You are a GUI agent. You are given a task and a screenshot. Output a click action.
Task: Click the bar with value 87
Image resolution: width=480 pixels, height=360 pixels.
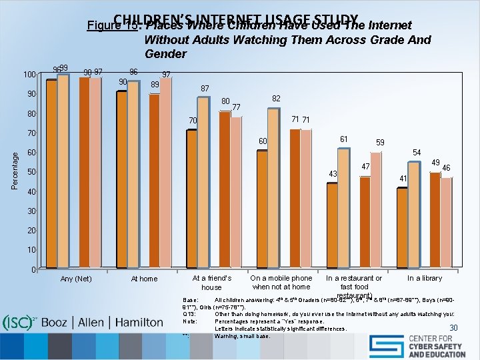pyautogui.click(x=204, y=182)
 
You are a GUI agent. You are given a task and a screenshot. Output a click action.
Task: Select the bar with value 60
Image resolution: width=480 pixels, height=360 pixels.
pyautogui.click(x=262, y=209)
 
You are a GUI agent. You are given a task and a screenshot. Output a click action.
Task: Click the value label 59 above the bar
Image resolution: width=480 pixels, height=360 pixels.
pyautogui.click(x=379, y=143)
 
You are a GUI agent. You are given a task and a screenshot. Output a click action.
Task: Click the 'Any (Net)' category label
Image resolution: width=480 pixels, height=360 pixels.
pyautogui.click(x=76, y=279)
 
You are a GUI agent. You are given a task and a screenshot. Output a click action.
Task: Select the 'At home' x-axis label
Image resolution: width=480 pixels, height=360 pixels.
pyautogui.click(x=144, y=279)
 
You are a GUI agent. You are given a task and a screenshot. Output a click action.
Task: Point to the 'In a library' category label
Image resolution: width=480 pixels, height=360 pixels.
pyautogui.click(x=425, y=278)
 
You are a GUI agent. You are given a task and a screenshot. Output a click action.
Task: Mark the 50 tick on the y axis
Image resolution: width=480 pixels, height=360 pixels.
pyautogui.click(x=32, y=173)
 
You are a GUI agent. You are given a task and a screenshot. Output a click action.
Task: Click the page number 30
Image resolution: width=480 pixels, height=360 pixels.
pyautogui.click(x=453, y=327)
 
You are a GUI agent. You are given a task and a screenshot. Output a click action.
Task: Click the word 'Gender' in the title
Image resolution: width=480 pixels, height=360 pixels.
pyautogui.click(x=165, y=54)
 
